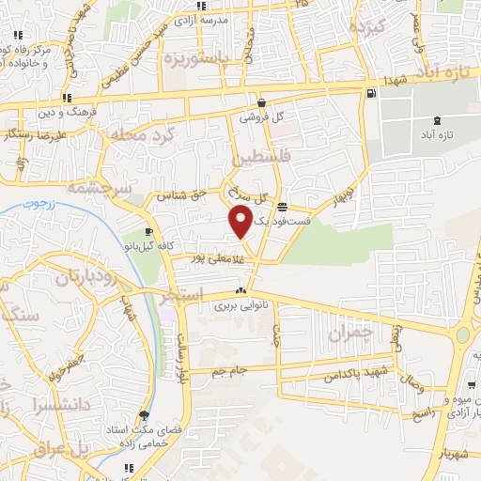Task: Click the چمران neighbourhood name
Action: tap(351, 334)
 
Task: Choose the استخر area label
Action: tap(180, 297)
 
